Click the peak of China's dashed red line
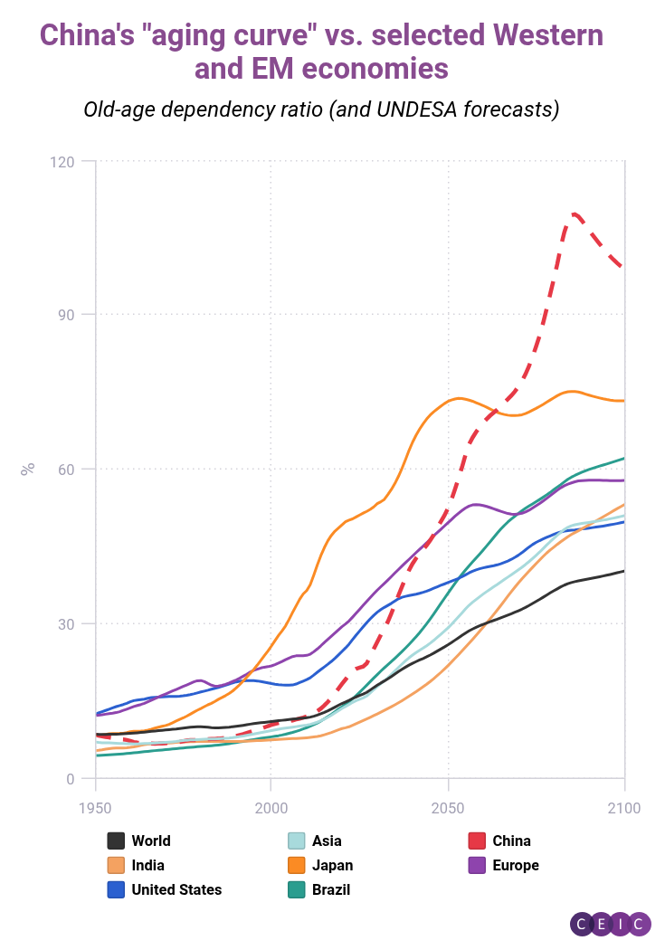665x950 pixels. [x=575, y=214]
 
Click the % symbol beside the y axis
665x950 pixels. [x=28, y=469]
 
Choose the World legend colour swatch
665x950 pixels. [x=116, y=841]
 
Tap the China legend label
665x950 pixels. [x=511, y=841]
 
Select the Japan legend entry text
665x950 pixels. [x=332, y=865]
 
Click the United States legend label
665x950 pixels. [x=176, y=889]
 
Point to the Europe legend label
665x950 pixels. [x=516, y=865]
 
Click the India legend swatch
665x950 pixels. [x=116, y=865]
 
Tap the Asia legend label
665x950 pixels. [x=327, y=841]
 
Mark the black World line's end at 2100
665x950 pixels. [x=624, y=571]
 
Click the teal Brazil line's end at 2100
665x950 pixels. [x=624, y=458]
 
